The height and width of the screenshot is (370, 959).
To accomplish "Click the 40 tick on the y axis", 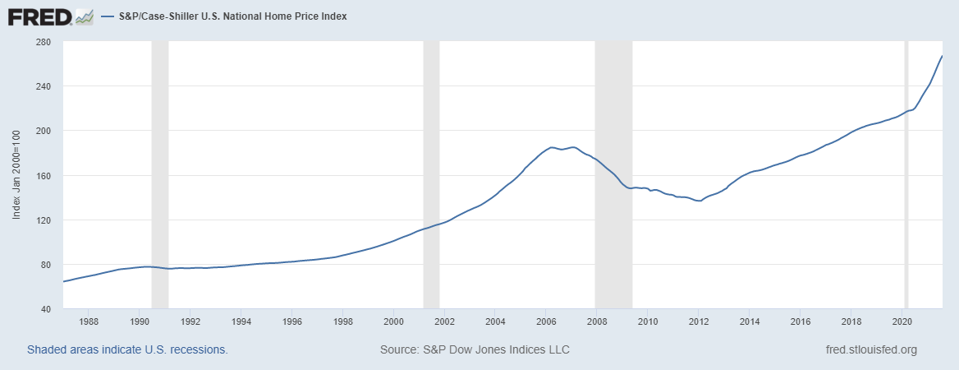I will pyautogui.click(x=45, y=309).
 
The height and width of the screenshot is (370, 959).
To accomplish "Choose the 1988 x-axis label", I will pyautogui.click(x=89, y=321).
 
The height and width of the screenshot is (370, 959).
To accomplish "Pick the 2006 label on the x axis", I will pyautogui.click(x=547, y=321).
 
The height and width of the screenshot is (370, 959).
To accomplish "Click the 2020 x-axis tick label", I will pyautogui.click(x=903, y=321).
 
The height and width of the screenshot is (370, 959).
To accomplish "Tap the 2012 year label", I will pyautogui.click(x=700, y=321).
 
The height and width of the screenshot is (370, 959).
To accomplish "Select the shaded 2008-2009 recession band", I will pyautogui.click(x=613, y=175).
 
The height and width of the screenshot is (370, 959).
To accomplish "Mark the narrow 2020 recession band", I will pyautogui.click(x=906, y=175).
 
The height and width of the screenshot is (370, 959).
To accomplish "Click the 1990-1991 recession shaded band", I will pyautogui.click(x=160, y=175).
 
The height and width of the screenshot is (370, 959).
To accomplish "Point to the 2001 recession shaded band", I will pyautogui.click(x=431, y=175).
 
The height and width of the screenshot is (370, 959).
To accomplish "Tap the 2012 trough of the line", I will pyautogui.click(x=699, y=201).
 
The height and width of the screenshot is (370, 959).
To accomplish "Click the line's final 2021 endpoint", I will pyautogui.click(x=942, y=56).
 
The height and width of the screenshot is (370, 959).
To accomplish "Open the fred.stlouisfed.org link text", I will pyautogui.click(x=870, y=350).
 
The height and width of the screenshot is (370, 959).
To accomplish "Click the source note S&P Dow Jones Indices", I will pyautogui.click(x=475, y=350).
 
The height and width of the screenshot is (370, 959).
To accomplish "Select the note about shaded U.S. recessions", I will pyautogui.click(x=127, y=350).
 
